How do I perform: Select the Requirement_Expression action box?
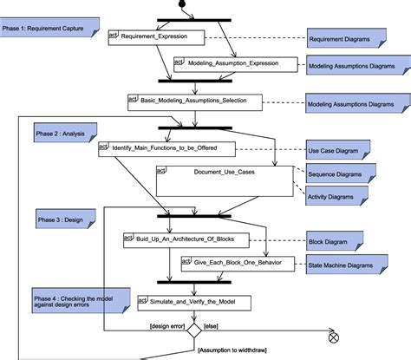(156, 37)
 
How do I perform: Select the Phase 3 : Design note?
(62, 219)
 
